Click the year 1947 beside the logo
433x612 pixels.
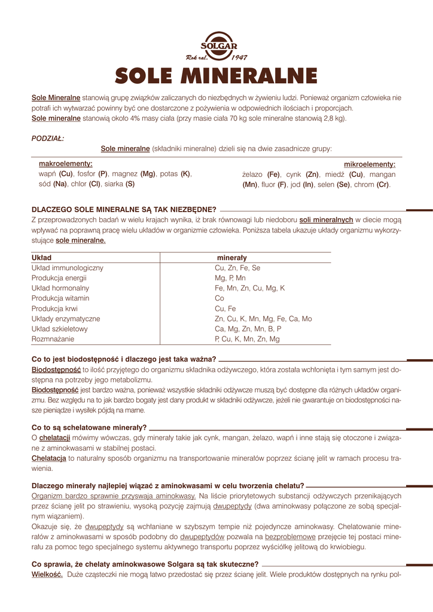[x=239, y=57]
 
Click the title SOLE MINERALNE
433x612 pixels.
[x=216, y=76]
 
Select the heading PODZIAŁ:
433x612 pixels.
[x=47, y=138]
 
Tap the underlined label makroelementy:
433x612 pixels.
[x=65, y=163]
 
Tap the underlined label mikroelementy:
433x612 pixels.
[x=369, y=164]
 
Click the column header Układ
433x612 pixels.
[x=41, y=258]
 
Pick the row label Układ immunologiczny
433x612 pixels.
[x=67, y=268]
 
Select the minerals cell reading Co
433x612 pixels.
[x=219, y=298]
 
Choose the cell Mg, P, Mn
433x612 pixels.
[x=230, y=279]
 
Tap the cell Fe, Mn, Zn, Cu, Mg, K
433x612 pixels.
[x=249, y=288]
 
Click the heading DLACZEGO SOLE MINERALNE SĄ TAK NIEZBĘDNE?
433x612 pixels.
[x=124, y=209]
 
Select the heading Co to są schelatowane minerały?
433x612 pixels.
[x=89, y=427]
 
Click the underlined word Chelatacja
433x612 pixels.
[x=48, y=458]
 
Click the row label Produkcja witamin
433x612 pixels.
[x=60, y=298]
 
